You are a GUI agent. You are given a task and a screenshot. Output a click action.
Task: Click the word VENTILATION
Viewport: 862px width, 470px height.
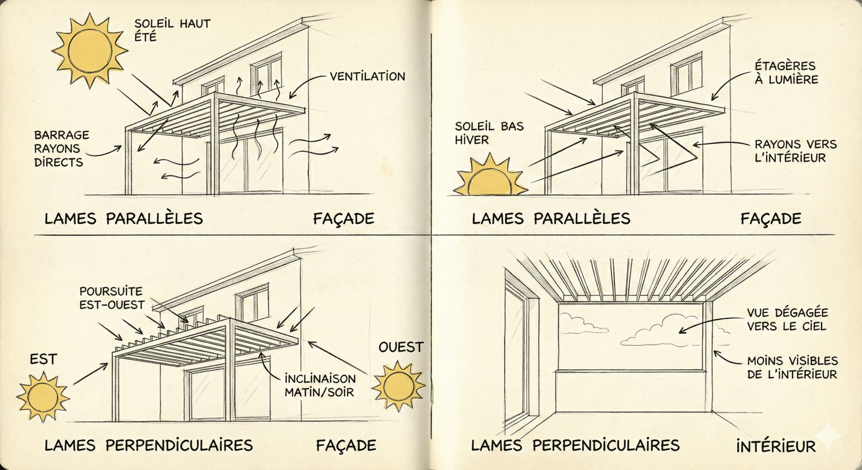coord(367,77)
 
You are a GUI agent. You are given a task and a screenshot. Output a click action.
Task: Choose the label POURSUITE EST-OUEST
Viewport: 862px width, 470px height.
coord(111,298)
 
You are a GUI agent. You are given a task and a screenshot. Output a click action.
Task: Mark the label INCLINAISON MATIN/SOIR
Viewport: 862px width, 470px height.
coord(320,385)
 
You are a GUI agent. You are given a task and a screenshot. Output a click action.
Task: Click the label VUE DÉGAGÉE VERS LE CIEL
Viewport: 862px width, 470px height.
coord(787,319)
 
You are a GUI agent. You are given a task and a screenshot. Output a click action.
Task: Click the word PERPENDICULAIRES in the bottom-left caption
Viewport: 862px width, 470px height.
coord(179,445)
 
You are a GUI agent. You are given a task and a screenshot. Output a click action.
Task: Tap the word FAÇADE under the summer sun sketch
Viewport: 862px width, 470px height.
coord(343,219)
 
